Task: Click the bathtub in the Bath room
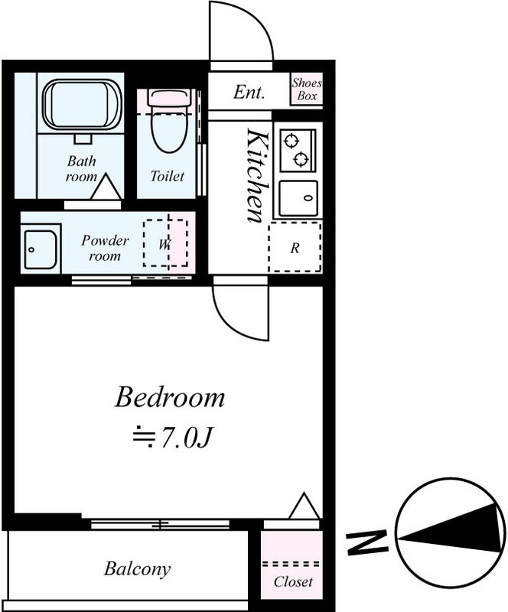coord(82,105)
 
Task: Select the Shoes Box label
coord(307,90)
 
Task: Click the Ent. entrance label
coord(249,92)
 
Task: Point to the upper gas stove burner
coord(291,140)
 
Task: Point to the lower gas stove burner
coord(301,159)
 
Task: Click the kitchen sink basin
coord(298,198)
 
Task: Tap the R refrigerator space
coord(295,247)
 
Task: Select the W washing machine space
coord(165,243)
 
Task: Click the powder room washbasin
coord(41,249)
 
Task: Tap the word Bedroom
coord(170,397)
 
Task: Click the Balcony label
coord(137,569)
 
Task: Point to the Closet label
coord(293,581)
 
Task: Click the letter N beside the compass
coord(366,542)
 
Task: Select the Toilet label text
coord(167,176)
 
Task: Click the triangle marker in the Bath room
coord(106,187)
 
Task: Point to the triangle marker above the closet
coord(304,506)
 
